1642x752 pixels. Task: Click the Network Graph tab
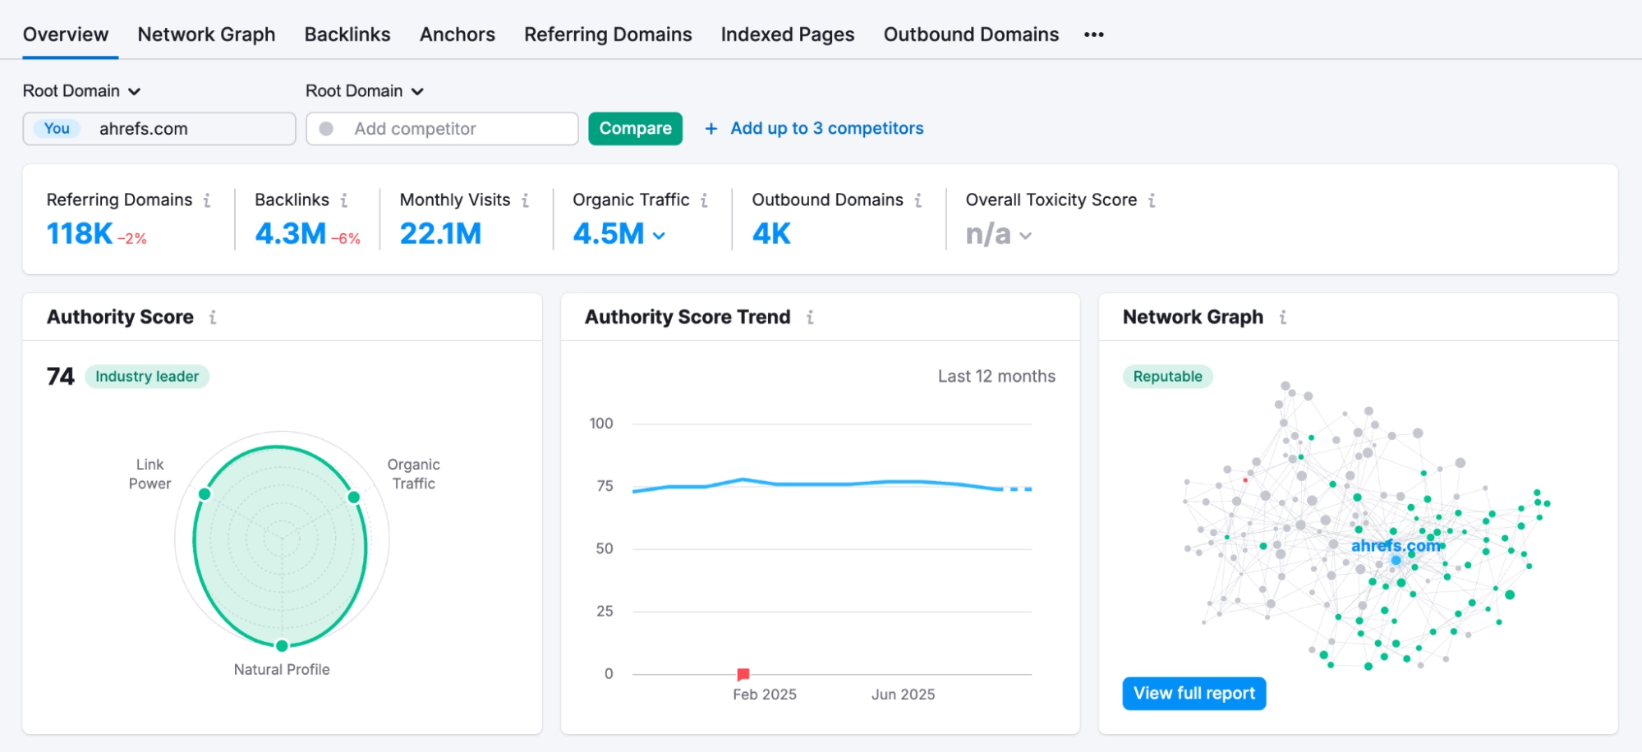[206, 34]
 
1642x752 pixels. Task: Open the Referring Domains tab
[608, 34]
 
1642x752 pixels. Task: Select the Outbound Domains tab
[971, 34]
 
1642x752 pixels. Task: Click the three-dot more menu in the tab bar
[1093, 34]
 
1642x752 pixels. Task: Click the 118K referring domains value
[79, 234]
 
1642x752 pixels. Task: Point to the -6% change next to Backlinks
[346, 239]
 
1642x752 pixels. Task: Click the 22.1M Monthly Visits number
[440, 234]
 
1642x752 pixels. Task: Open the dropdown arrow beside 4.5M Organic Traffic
[659, 236]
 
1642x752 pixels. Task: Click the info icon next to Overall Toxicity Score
[1152, 200]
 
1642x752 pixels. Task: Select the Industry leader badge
[147, 377]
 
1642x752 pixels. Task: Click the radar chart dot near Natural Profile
[282, 645]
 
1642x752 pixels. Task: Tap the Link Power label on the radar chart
[149, 475]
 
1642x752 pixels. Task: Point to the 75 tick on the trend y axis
[605, 486]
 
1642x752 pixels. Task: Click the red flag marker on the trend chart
[743, 674]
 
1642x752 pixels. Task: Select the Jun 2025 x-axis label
[903, 695]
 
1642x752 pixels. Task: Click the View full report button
[1194, 694]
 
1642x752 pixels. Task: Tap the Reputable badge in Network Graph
[1167, 377]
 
